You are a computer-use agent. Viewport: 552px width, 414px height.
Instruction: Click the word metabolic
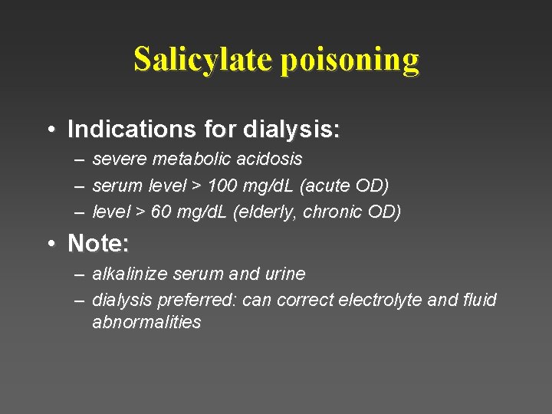click(191, 159)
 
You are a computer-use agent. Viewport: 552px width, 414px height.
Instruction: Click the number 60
click(162, 212)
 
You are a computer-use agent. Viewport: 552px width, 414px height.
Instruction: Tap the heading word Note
click(95, 244)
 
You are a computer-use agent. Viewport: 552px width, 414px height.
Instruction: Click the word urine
click(284, 274)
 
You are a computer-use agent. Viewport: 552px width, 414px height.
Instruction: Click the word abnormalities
click(146, 322)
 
